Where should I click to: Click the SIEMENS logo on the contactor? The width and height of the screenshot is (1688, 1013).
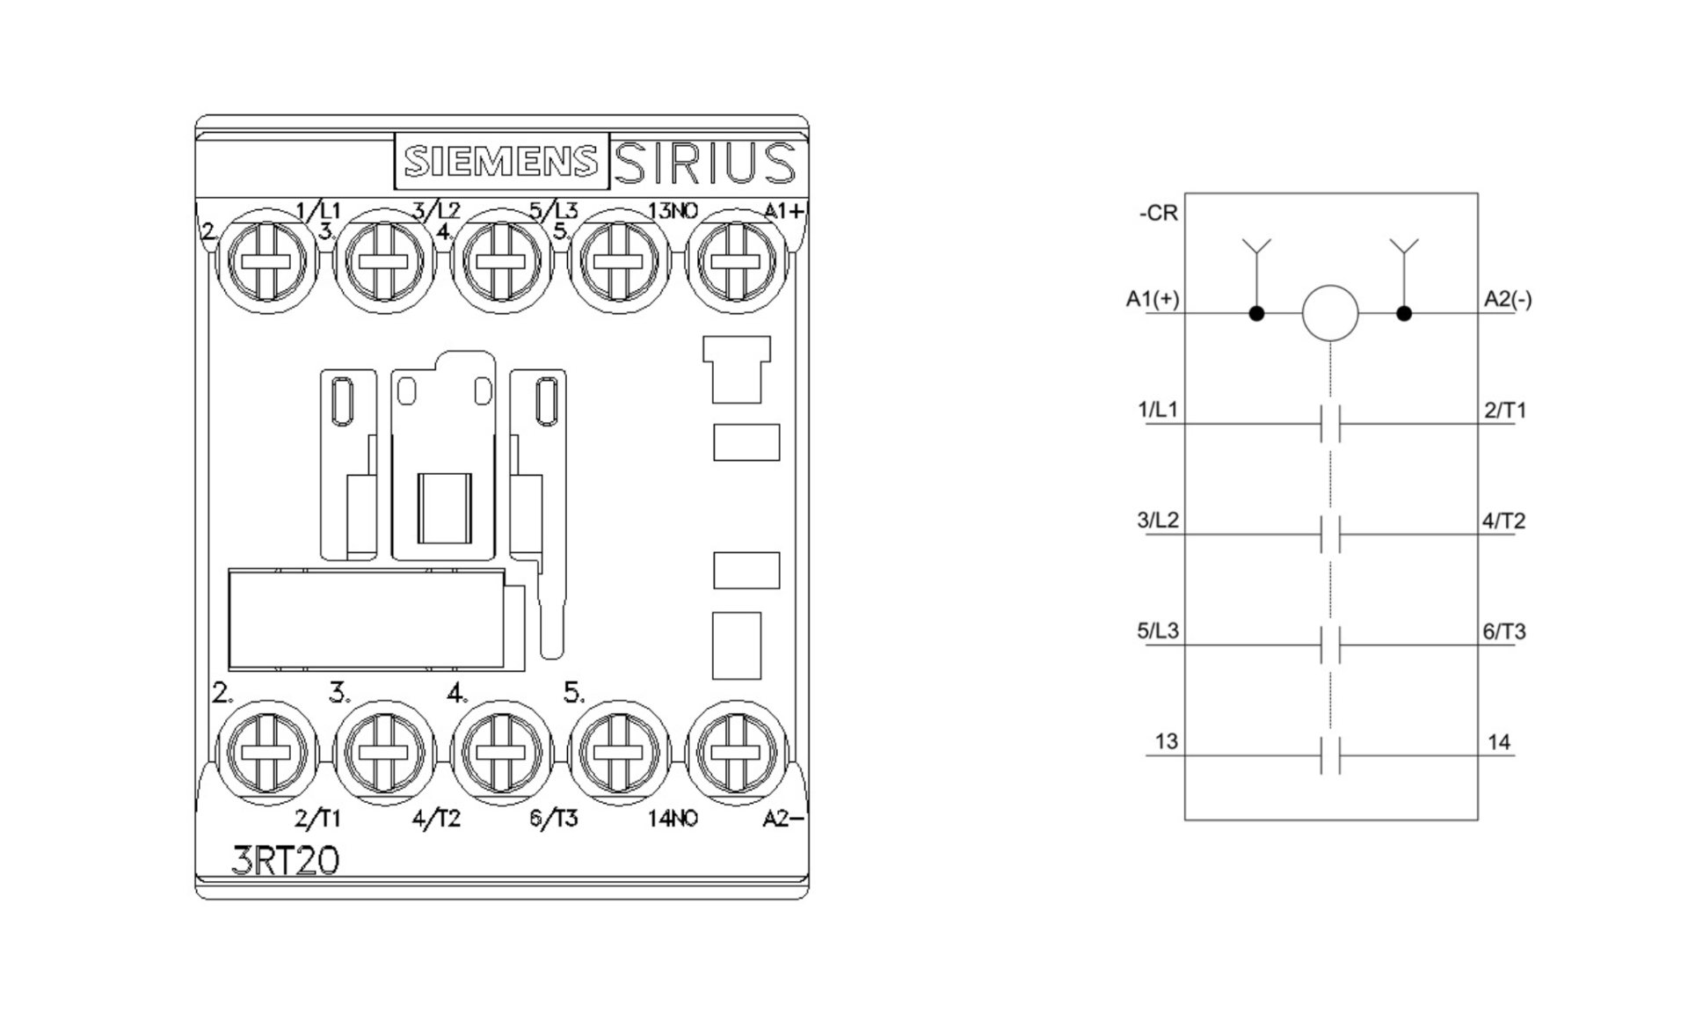point(501,162)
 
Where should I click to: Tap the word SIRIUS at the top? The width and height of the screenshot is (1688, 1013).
point(704,163)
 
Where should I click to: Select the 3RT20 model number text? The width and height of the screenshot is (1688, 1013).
point(286,860)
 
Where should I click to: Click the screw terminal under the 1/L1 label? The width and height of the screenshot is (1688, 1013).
point(268,261)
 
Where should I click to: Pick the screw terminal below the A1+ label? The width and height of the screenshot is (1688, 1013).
point(736,261)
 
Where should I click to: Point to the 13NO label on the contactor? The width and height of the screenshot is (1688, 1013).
point(673,210)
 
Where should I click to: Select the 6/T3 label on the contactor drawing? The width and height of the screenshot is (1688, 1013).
point(554,819)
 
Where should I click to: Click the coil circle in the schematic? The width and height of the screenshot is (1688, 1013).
point(1330,313)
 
